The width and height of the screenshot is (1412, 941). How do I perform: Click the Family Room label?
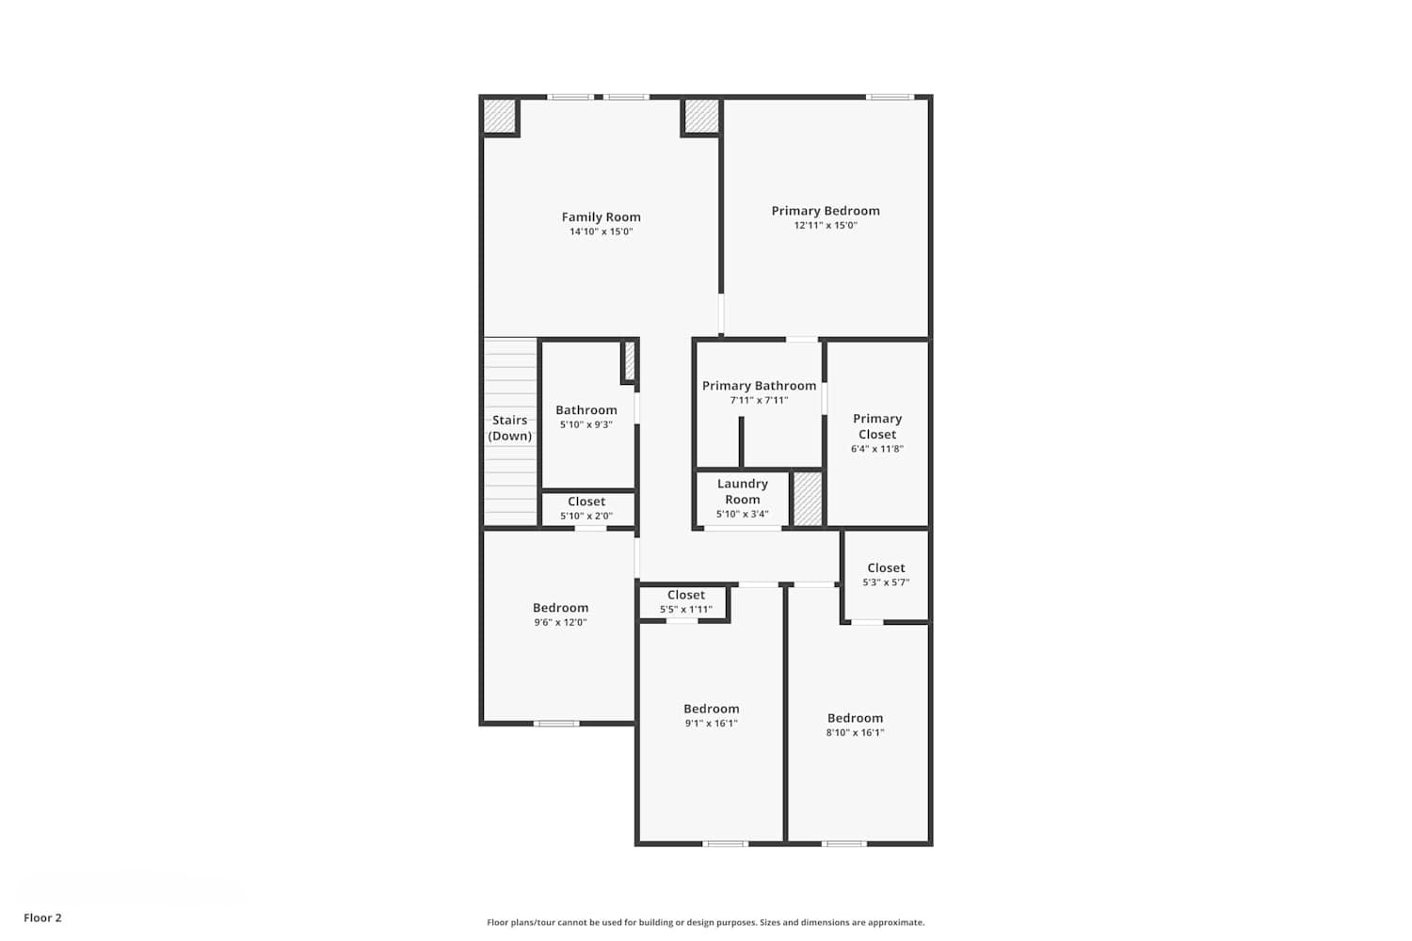click(601, 217)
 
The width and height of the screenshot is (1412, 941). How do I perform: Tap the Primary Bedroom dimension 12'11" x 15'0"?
click(826, 226)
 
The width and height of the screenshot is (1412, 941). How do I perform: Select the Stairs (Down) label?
click(509, 428)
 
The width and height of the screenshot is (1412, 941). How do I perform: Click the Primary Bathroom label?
click(759, 386)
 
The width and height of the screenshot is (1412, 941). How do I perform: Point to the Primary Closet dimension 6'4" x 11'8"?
click(876, 450)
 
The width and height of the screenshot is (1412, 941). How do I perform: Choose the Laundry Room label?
click(743, 491)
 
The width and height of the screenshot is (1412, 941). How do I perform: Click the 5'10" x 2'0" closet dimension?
click(586, 517)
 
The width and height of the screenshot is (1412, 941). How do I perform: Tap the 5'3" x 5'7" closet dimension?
click(886, 582)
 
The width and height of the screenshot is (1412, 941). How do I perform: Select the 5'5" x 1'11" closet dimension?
click(685, 610)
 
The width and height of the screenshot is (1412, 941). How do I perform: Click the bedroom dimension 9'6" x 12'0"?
click(560, 623)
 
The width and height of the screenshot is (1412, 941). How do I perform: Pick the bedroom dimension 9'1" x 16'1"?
click(711, 724)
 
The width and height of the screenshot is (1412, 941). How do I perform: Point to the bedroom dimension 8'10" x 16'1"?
click(855, 733)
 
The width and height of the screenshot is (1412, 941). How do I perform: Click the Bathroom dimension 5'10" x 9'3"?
click(586, 425)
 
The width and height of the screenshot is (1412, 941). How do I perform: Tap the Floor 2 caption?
click(42, 918)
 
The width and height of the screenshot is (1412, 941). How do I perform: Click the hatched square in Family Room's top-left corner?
click(499, 116)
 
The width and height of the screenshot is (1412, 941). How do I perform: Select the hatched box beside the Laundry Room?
click(807, 499)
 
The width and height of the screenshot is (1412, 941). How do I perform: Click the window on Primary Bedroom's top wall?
click(890, 97)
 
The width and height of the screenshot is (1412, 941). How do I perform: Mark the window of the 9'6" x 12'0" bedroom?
click(556, 724)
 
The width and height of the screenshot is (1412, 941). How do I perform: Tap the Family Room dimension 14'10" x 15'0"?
click(601, 232)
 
